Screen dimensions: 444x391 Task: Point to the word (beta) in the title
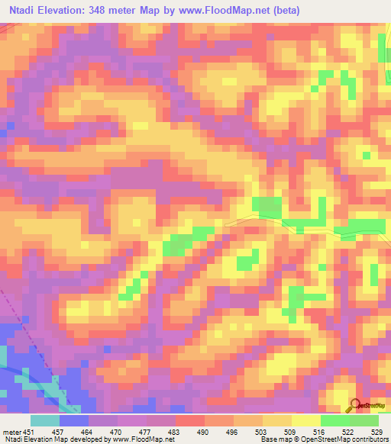tap(284, 11)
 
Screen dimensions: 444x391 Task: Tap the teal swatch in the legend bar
tap(45, 420)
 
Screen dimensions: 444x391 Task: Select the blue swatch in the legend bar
tap(74, 420)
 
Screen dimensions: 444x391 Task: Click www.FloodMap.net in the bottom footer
tap(147, 439)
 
